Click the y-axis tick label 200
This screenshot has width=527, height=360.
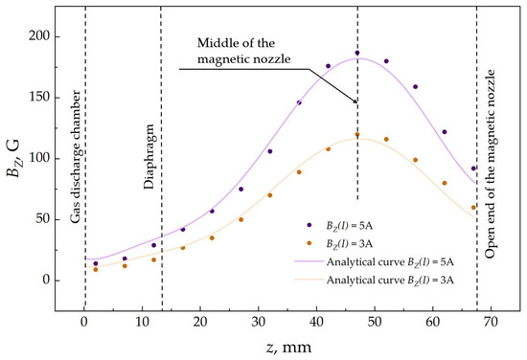point(38,36)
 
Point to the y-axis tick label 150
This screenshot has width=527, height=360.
point(38,98)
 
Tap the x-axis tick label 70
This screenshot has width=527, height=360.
point(491,322)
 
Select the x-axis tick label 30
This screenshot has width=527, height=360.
point(258,322)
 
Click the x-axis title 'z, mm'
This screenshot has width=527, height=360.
point(288,348)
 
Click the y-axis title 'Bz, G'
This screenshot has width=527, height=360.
point(12,158)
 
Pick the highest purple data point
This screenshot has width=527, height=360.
point(357,53)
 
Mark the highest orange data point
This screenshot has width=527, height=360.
point(357,134)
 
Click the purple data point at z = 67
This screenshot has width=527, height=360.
point(473,169)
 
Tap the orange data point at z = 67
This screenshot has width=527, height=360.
point(473,208)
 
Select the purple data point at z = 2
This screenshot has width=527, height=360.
point(96,263)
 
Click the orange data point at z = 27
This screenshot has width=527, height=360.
point(241,219)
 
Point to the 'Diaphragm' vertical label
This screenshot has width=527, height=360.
point(149,156)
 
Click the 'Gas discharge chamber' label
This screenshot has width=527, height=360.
point(76,156)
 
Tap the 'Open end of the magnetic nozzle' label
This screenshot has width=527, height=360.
point(491,164)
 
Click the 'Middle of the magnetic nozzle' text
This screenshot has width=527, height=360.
point(244,51)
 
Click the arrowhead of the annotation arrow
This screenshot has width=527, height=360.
point(355,101)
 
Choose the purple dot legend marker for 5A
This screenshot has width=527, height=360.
point(309,225)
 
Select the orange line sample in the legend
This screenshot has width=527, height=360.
point(309,280)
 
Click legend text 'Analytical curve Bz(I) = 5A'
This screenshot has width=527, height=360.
point(390,262)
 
